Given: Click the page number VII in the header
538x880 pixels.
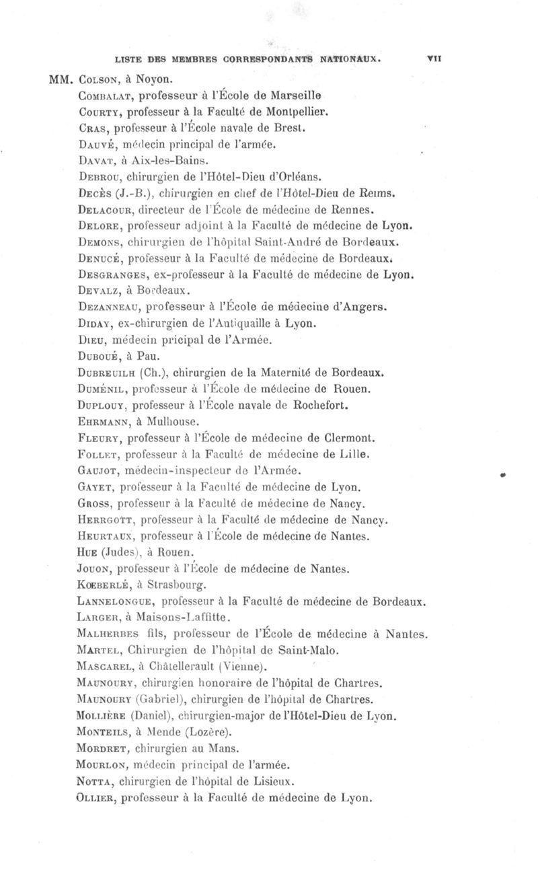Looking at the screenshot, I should (434, 59).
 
